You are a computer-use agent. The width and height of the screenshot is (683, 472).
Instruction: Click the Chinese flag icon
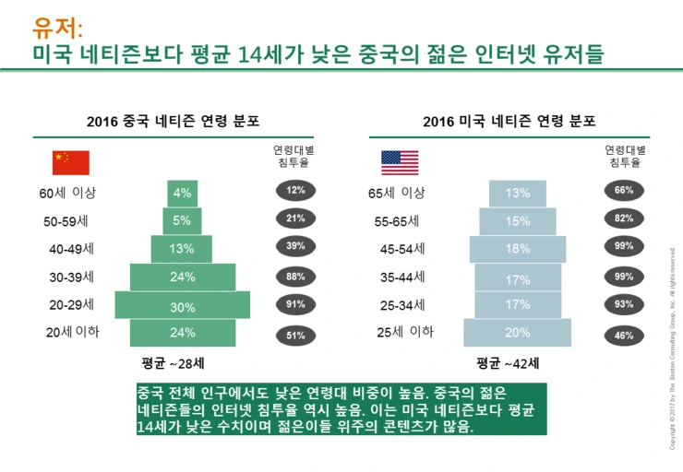(71, 162)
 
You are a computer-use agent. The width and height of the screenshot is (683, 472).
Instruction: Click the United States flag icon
(400, 162)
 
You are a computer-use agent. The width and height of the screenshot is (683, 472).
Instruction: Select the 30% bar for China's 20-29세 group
(182, 305)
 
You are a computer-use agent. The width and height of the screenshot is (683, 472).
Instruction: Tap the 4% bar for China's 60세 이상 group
(182, 194)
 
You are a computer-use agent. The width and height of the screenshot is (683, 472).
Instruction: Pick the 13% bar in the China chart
(182, 248)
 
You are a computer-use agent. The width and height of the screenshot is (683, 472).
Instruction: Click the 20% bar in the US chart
(517, 333)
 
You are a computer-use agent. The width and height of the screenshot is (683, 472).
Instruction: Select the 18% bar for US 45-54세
(517, 249)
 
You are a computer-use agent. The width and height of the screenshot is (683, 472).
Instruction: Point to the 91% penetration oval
(295, 305)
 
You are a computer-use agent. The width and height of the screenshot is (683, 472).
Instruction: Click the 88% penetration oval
(295, 277)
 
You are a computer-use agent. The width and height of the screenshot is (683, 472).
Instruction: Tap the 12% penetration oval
(295, 191)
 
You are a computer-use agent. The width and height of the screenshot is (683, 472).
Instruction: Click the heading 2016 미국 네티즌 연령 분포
(509, 121)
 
